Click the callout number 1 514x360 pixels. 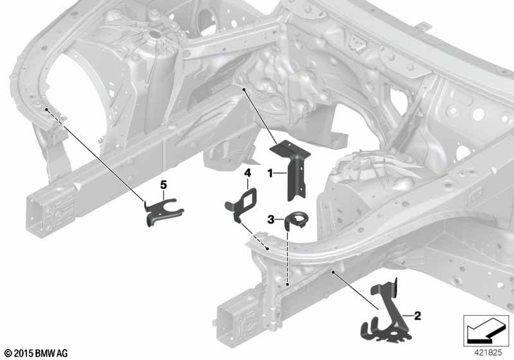[270, 173]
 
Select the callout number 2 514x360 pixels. [417, 316]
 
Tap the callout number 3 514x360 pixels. [270, 219]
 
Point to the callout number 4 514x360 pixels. [247, 172]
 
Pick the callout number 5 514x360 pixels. [163, 185]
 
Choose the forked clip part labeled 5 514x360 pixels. [163, 212]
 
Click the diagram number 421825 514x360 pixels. [488, 353]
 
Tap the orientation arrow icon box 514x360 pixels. [486, 331]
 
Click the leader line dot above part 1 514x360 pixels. [244, 89]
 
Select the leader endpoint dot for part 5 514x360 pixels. [47, 109]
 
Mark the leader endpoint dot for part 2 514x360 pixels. [333, 272]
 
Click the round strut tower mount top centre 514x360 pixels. [153, 33]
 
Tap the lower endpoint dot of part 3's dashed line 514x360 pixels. [287, 285]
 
